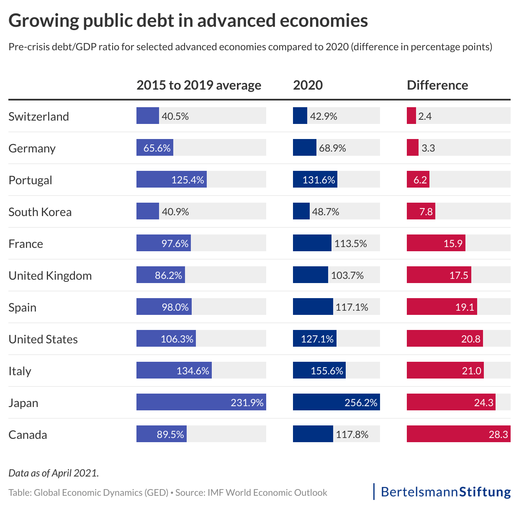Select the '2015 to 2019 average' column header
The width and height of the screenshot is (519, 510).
[199, 85]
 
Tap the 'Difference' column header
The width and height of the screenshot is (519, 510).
[437, 85]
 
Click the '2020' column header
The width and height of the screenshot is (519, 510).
[308, 85]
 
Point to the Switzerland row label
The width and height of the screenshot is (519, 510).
[39, 116]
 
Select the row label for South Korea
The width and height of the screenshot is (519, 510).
[40, 212]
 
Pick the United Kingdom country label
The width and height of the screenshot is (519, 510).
[50, 276]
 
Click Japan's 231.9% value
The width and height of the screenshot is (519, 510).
[247, 403]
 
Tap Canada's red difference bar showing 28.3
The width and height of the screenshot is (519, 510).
[458, 435]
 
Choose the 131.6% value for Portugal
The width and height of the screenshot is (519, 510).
[319, 180]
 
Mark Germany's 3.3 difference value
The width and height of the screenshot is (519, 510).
[428, 148]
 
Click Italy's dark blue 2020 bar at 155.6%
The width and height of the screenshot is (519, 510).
[319, 371]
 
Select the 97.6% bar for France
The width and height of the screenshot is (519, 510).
[163, 244]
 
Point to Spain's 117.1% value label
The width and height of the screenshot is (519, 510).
[352, 307]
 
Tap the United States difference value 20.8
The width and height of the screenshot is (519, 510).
[471, 339]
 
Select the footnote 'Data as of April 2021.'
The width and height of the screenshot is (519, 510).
[54, 473]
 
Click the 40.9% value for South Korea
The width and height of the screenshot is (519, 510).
[175, 212]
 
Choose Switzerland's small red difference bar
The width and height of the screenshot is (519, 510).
[411, 116]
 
